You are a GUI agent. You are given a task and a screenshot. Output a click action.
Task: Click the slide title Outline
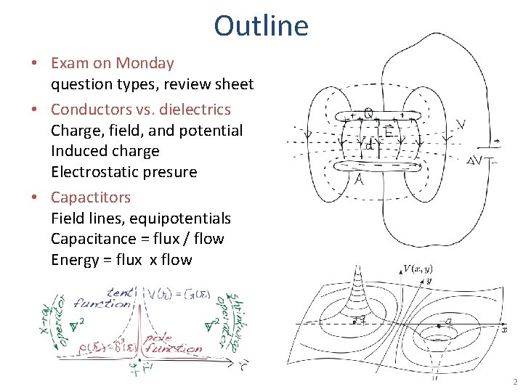pos(261,26)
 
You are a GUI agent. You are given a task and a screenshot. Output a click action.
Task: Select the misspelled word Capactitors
pos(91,197)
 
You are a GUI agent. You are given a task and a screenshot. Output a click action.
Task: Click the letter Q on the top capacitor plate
pos(369,113)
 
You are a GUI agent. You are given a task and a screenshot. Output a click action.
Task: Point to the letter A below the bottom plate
pos(358,179)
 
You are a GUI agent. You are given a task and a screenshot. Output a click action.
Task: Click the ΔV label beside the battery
pos(477,160)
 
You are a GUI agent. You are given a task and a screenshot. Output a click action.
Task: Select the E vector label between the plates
pos(389,132)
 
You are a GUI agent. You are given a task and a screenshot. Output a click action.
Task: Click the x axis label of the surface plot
pos(503,329)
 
